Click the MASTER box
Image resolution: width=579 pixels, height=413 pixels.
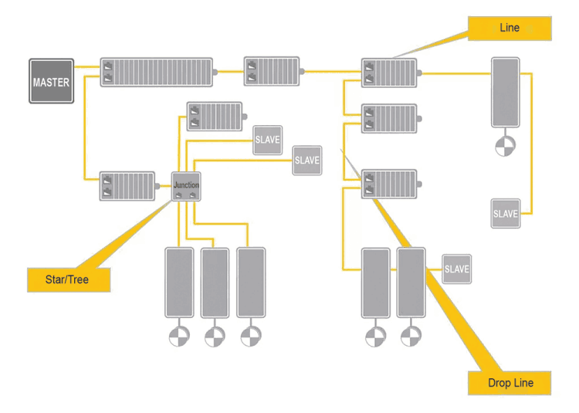[51, 81]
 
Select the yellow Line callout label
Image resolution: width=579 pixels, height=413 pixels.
[510, 29]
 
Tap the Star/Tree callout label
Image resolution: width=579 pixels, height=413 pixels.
[68, 279]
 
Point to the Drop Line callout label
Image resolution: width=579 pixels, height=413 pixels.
[510, 383]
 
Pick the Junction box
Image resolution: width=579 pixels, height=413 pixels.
[186, 186]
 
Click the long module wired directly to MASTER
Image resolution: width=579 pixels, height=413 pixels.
[156, 71]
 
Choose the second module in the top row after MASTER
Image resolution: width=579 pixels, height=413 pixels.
[272, 71]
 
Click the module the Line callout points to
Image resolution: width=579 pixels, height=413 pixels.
[389, 73]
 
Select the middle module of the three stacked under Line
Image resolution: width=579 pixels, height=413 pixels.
[389, 118]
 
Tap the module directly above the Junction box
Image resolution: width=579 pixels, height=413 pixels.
[215, 117]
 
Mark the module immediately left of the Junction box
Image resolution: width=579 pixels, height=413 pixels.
[127, 186]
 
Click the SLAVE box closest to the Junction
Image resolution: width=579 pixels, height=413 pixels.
[268, 140]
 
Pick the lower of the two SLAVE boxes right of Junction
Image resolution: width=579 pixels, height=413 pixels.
[306, 161]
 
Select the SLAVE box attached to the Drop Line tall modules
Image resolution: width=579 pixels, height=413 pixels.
[456, 269]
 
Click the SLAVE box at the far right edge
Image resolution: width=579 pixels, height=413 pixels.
[506, 213]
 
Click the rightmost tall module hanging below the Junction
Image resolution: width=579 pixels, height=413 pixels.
[251, 282]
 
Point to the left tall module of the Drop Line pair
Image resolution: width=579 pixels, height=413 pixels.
[376, 282]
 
